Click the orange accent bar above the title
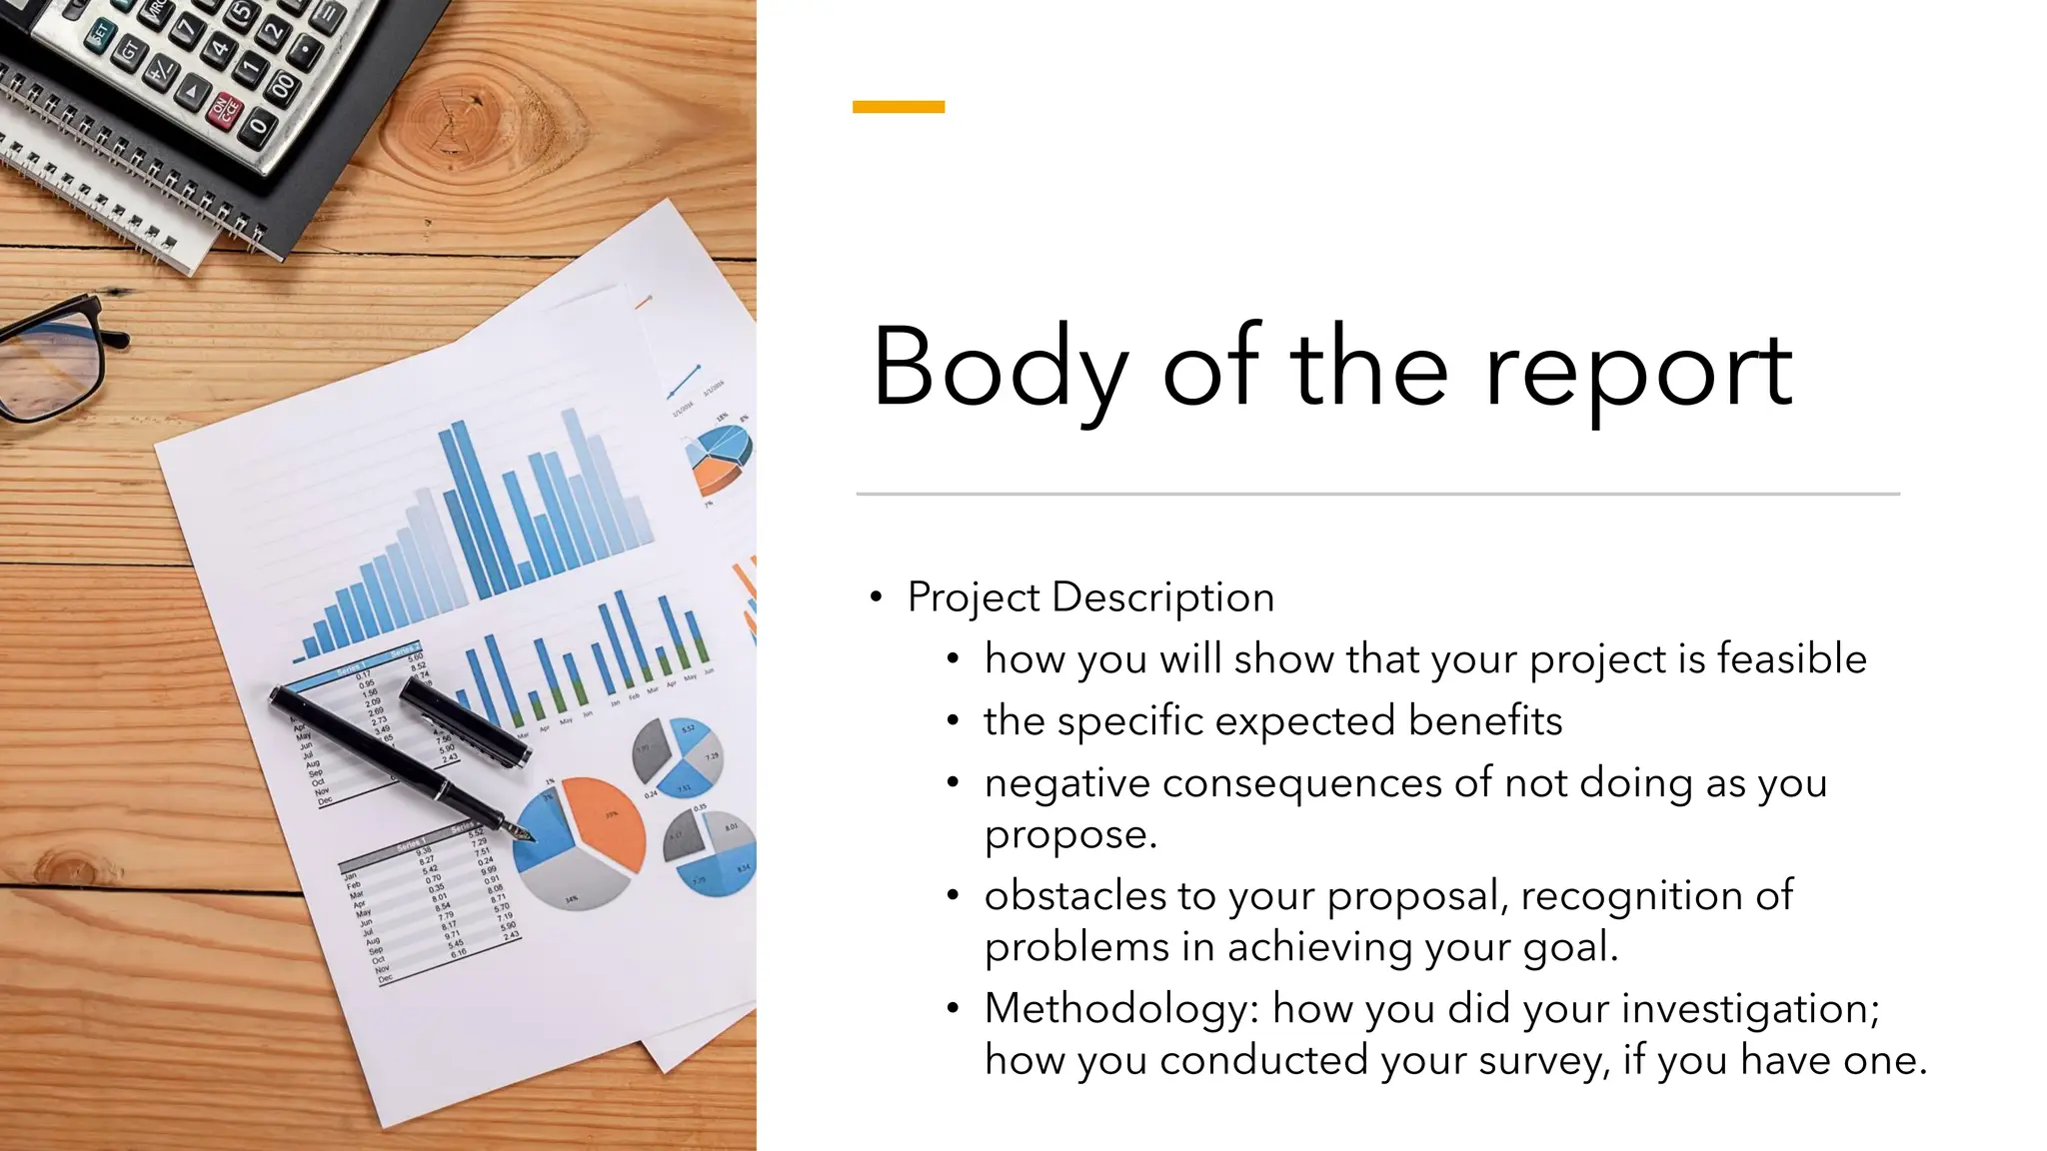898,107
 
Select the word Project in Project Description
974,597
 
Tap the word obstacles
1074,895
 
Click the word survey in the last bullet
1543,1060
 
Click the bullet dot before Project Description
876,598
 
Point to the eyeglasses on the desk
50,360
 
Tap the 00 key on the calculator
283,86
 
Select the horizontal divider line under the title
1377,494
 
